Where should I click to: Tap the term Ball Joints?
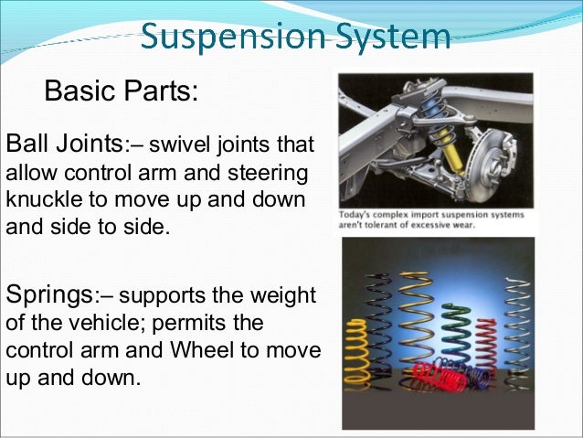coord(63,144)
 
